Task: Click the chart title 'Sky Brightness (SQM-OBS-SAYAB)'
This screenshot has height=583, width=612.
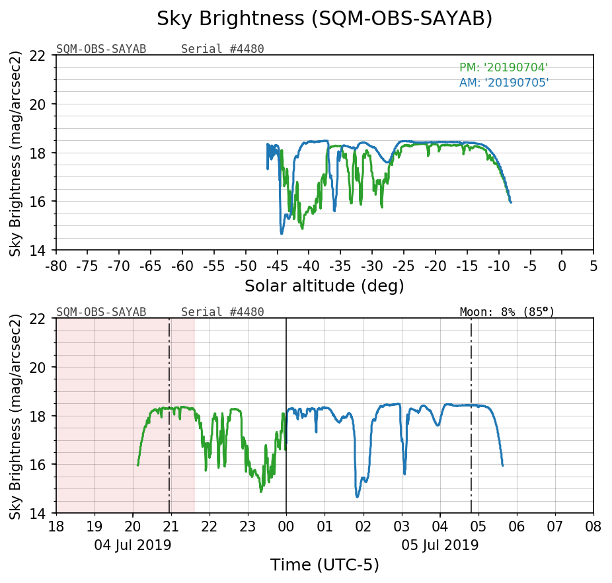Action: coord(325,19)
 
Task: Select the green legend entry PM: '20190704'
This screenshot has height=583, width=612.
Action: coord(504,67)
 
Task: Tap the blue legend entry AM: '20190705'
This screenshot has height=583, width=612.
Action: coord(504,83)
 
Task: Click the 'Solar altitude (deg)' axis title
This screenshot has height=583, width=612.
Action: coord(325,286)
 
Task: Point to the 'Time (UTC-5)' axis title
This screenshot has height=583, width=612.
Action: coord(325,565)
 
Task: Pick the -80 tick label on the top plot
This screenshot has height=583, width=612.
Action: coord(56,266)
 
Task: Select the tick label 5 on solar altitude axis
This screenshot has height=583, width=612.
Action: coord(593,266)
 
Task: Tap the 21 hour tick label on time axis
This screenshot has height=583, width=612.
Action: coord(171,527)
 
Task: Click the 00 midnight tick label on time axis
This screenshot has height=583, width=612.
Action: coord(286,527)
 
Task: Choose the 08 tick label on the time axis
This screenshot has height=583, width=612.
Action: coord(593,527)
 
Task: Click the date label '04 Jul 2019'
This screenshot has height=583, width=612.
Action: coord(133,545)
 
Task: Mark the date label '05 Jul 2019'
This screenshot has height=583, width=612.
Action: coord(440,545)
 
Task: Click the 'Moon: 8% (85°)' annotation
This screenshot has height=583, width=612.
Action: coord(507,312)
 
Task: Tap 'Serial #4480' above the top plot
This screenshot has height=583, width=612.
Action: coord(222,49)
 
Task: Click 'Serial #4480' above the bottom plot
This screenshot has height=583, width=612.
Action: coord(222,312)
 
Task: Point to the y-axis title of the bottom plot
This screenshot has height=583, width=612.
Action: coord(16,416)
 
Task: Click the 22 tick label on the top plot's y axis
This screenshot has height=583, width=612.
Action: coord(40,56)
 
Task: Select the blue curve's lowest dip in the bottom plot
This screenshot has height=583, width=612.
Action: coord(358,496)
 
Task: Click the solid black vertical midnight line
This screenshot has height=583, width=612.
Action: coord(286,370)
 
